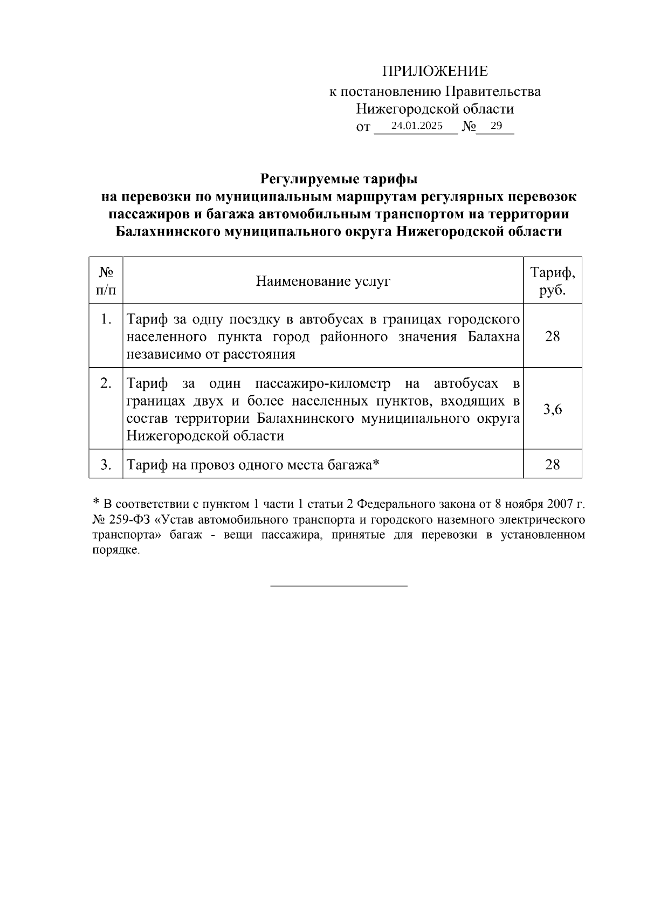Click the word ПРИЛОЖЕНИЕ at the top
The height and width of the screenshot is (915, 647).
pyautogui.click(x=435, y=71)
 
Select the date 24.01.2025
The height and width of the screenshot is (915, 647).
pyautogui.click(x=417, y=126)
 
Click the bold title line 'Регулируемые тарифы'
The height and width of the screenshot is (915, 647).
pyautogui.click(x=339, y=178)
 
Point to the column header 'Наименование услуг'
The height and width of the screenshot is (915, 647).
pyautogui.click(x=323, y=281)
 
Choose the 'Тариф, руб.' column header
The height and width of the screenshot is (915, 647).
pyautogui.click(x=553, y=281)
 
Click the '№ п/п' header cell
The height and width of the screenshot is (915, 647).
pyautogui.click(x=106, y=281)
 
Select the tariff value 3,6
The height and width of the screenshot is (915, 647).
pyautogui.click(x=553, y=409)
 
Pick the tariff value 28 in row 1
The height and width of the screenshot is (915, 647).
pyautogui.click(x=553, y=336)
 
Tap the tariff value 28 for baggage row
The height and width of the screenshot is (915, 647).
pyautogui.click(x=553, y=464)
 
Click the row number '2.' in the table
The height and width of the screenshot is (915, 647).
pyautogui.click(x=106, y=383)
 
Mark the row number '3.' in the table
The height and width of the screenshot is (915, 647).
pyautogui.click(x=106, y=464)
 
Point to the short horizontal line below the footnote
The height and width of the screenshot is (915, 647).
pyautogui.click(x=339, y=585)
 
